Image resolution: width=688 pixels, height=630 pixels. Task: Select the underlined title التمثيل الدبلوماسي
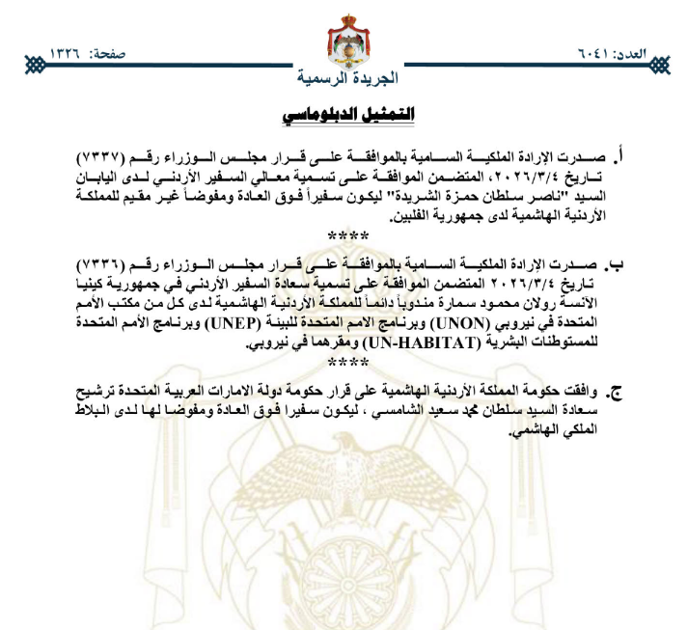pyautogui.click(x=349, y=115)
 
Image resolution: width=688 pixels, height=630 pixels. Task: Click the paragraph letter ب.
pyautogui.click(x=617, y=262)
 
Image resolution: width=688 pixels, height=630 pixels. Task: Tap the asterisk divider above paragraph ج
pyautogui.click(x=348, y=362)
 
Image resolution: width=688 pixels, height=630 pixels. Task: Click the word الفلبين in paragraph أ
pyautogui.click(x=409, y=216)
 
